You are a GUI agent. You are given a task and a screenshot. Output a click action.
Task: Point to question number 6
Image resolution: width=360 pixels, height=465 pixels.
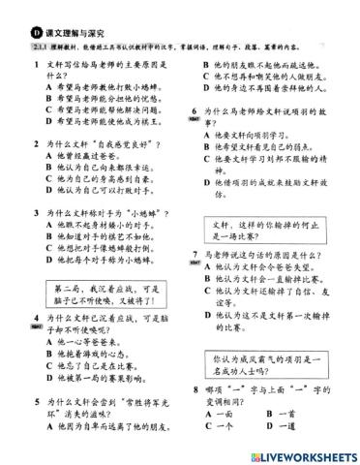point(196,109)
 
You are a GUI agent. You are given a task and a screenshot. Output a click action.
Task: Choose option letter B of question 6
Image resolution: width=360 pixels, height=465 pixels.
point(209,146)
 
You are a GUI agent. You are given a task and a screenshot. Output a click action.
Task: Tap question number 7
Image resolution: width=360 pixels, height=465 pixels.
point(196,253)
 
